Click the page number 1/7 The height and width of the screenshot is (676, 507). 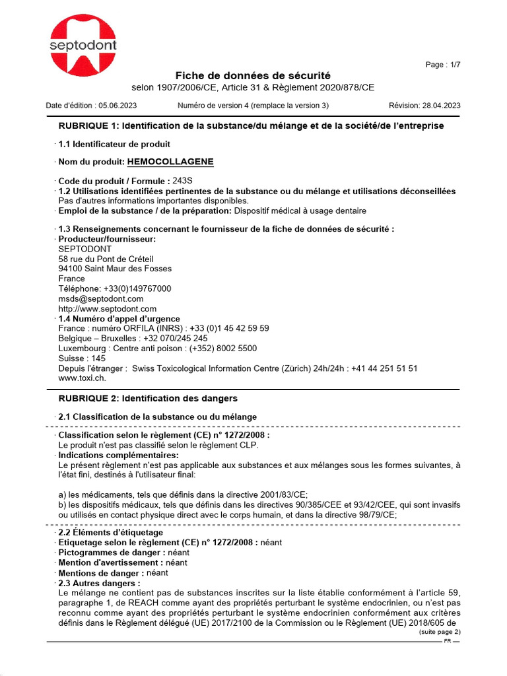pyautogui.click(x=452, y=65)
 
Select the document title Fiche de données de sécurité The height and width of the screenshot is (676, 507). pyautogui.click(x=253, y=76)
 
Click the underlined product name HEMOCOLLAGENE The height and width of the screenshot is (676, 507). pyautogui.click(x=170, y=162)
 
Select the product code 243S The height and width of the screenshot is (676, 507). pyautogui.click(x=184, y=181)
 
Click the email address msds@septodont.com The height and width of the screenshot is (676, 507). pyautogui.click(x=101, y=298)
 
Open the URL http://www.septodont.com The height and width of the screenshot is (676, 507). pyautogui.click(x=108, y=308)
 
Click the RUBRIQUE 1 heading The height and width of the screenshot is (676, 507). pyautogui.click(x=251, y=125)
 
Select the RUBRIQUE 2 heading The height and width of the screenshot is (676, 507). pyautogui.click(x=148, y=399)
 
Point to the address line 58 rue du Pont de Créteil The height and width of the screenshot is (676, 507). pyautogui.click(x=106, y=259)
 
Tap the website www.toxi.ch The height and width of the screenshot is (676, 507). pyautogui.click(x=82, y=378)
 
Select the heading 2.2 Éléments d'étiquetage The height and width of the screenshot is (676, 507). pyautogui.click(x=110, y=532)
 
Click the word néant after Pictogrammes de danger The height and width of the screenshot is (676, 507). pyautogui.click(x=178, y=552)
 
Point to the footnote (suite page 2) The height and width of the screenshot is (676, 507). pyautogui.click(x=440, y=632)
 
